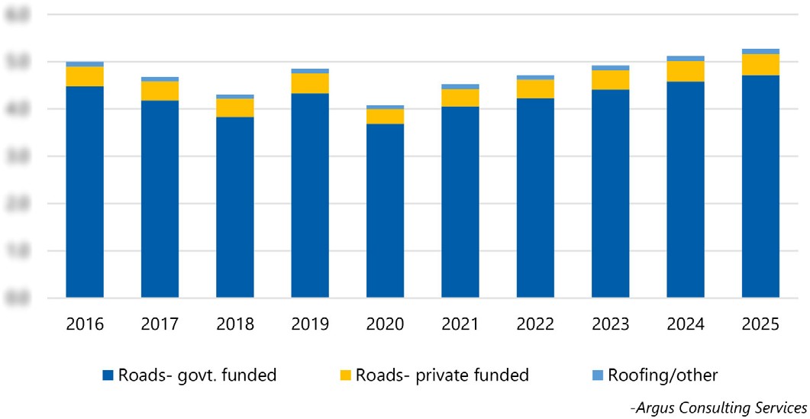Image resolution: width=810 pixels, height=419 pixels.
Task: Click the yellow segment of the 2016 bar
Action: tap(85, 76)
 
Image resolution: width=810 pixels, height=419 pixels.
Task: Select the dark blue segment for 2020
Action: tap(385, 210)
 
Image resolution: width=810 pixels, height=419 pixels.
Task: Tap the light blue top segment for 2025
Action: tap(760, 51)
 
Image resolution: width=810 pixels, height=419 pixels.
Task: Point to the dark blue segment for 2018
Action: tap(235, 207)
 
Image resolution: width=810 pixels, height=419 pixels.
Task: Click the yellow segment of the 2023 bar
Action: tap(610, 79)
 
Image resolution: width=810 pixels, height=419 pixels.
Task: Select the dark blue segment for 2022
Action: tap(535, 197)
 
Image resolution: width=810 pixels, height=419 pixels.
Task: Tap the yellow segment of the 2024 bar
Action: tap(685, 71)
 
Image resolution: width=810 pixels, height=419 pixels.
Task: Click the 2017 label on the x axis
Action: tap(160, 324)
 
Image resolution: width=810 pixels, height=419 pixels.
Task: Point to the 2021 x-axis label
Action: tap(460, 324)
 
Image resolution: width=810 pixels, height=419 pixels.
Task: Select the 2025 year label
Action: tap(760, 324)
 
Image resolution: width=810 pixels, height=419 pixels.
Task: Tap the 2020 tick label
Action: tap(385, 324)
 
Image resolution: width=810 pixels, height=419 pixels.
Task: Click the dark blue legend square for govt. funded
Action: tap(108, 375)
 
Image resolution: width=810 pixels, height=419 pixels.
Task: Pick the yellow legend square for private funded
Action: tap(346, 375)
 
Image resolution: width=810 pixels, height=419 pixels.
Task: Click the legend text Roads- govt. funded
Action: tap(196, 375)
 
